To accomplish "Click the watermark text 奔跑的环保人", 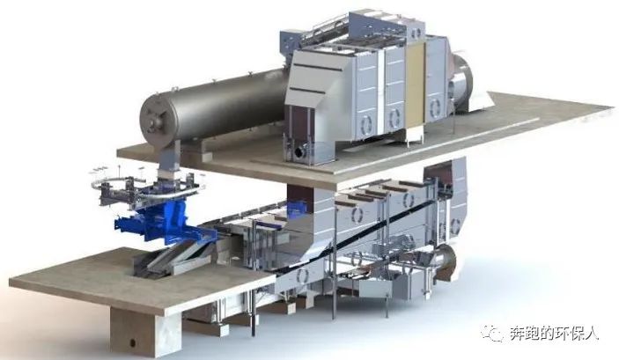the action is pos(554,334).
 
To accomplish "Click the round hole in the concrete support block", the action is pos(132,342).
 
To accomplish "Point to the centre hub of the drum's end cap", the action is pos(154,118).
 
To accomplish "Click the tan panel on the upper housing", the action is pos(416,84).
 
